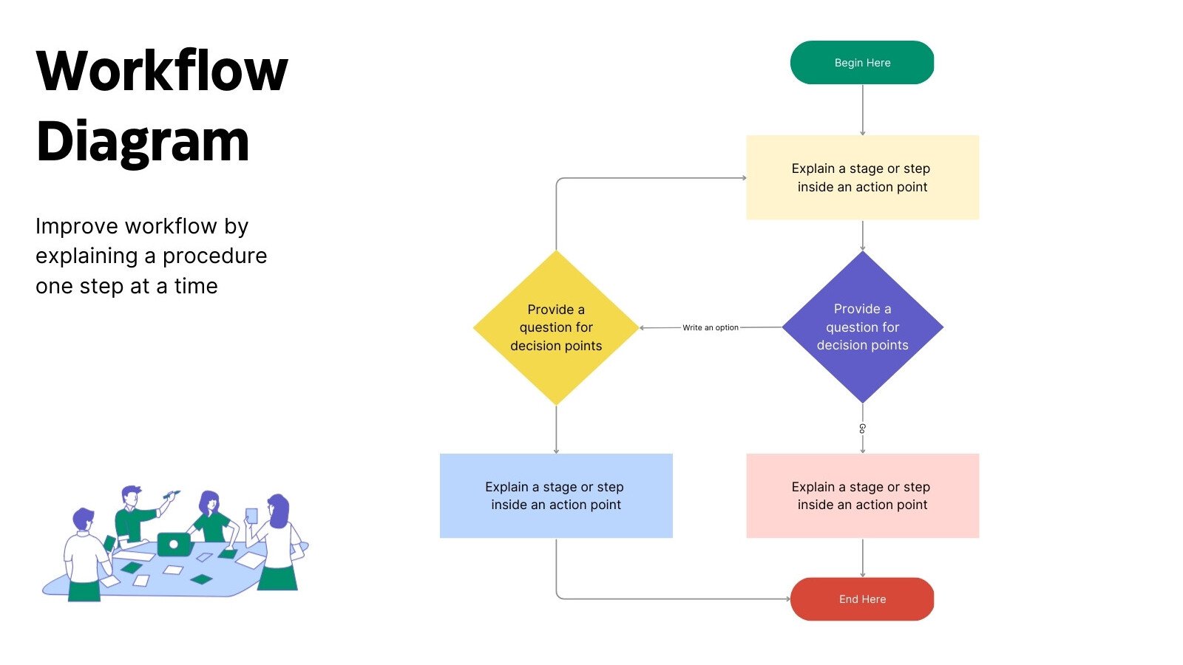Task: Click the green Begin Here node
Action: point(862,63)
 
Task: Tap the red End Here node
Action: point(862,599)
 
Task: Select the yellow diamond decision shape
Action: point(556,327)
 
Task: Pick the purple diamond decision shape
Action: point(862,327)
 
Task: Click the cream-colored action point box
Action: point(862,177)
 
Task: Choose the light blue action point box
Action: point(556,496)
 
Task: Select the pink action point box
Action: point(862,496)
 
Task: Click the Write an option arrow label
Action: point(710,327)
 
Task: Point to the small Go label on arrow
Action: point(862,429)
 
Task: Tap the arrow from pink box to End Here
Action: point(862,558)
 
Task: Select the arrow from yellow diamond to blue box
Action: point(556,429)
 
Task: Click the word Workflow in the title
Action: point(162,72)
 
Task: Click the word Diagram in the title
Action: point(143,141)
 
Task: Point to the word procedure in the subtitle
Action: point(214,256)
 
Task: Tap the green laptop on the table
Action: point(174,545)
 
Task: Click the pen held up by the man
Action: point(171,494)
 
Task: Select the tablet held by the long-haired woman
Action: point(251,516)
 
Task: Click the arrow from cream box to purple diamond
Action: point(862,235)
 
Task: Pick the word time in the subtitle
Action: point(196,287)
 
